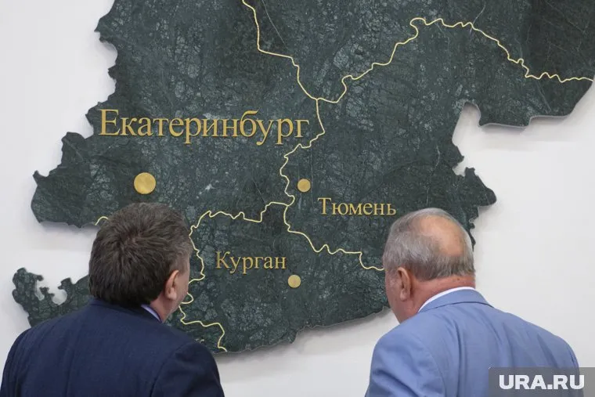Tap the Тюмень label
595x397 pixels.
[356, 208]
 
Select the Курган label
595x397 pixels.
[251, 262]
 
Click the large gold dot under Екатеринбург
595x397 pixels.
[144, 183]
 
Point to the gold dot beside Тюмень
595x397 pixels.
[304, 186]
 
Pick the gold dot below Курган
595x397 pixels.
[294, 281]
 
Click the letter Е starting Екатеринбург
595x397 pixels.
[108, 123]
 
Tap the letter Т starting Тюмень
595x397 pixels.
[323, 207]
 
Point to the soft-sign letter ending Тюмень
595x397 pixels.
[390, 209]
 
